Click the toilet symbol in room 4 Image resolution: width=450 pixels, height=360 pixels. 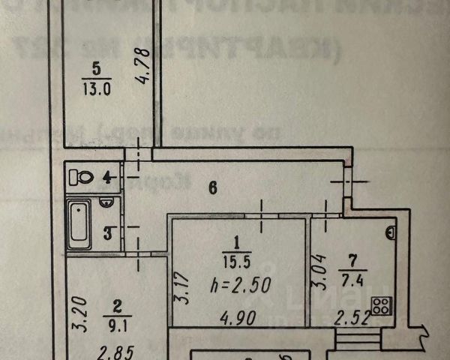pos(80,178)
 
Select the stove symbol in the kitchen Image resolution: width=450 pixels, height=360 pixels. pos(382,305)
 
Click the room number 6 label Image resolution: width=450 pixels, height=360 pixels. pos(212,188)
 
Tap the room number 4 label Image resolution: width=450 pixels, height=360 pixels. pos(107,178)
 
